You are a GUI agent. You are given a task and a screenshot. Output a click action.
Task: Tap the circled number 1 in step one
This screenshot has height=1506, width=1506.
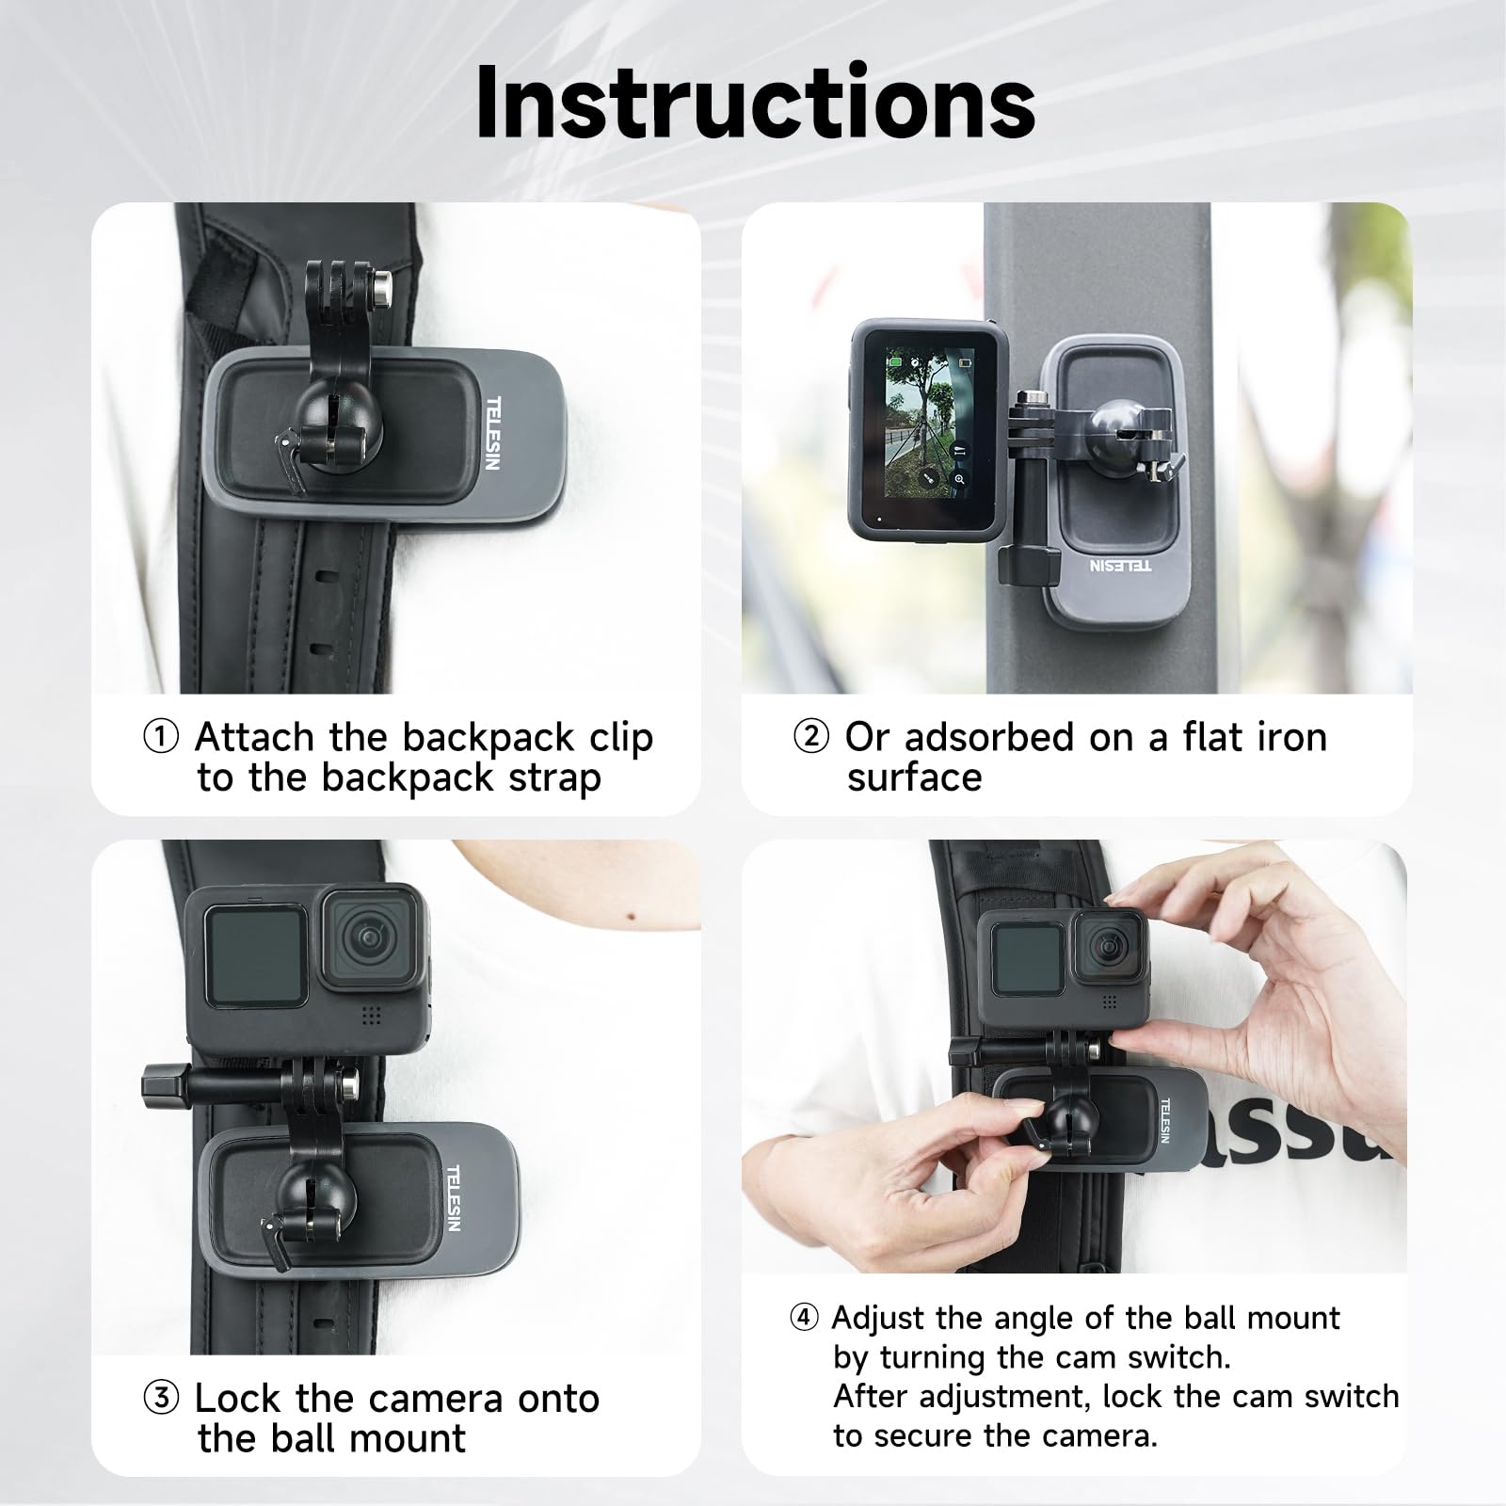pyautogui.click(x=160, y=737)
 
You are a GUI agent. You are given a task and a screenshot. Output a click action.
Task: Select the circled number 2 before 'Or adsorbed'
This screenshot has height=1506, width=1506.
pyautogui.click(x=810, y=737)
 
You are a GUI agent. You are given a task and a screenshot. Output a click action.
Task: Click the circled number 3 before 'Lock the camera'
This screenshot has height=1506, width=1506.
pyautogui.click(x=160, y=1399)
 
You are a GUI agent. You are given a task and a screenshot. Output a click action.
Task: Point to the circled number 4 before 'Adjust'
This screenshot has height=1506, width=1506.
pyautogui.click(x=804, y=1318)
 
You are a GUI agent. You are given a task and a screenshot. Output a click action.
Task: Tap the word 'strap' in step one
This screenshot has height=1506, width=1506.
pyautogui.click(x=554, y=777)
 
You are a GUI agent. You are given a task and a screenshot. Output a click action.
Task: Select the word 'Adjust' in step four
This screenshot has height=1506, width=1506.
pyautogui.click(x=877, y=1319)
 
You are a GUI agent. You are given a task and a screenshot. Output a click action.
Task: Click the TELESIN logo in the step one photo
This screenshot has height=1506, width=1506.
pyautogui.click(x=493, y=432)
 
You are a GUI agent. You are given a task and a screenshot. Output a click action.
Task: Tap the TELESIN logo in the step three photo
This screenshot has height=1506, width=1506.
pyautogui.click(x=453, y=1197)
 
